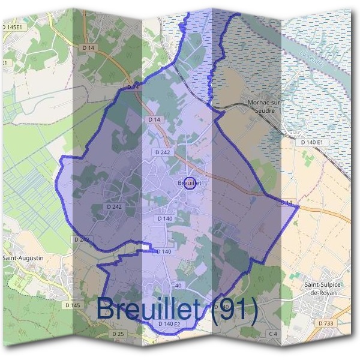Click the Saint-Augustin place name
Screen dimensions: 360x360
click(x=23, y=257)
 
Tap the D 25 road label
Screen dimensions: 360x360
click(x=118, y=333)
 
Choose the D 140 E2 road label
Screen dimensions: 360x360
click(x=169, y=324)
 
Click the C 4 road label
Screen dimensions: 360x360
click(x=273, y=333)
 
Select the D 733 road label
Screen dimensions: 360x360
click(x=326, y=323)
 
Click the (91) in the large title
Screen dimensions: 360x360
click(x=235, y=310)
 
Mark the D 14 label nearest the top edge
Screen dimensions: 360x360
click(x=89, y=47)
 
